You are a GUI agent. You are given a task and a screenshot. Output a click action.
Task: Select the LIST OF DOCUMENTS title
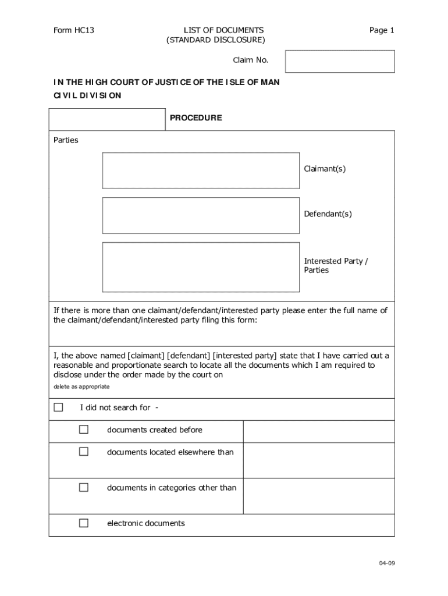pyautogui.click(x=216, y=30)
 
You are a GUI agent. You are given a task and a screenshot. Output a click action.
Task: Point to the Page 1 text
pyautogui.click(x=382, y=30)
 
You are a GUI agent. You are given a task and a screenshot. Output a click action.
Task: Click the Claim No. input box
pyautogui.click(x=340, y=62)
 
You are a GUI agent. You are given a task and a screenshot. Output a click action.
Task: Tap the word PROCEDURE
pyautogui.click(x=195, y=118)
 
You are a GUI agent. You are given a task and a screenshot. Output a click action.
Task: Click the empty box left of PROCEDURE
pyautogui.click(x=107, y=119)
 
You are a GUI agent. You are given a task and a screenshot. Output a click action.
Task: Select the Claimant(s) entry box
pyautogui.click(x=201, y=171)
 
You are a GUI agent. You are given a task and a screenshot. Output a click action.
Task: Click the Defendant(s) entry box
pyautogui.click(x=201, y=215)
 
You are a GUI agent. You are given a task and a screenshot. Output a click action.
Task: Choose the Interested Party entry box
pyautogui.click(x=201, y=267)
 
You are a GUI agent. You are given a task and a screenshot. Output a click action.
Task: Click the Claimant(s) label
pyautogui.click(x=325, y=169)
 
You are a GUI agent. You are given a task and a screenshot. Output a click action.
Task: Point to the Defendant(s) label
pyautogui.click(x=328, y=214)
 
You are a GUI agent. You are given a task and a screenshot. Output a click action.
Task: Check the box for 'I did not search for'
pyautogui.click(x=58, y=407)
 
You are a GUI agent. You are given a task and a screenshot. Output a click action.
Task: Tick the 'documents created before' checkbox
pyautogui.click(x=84, y=430)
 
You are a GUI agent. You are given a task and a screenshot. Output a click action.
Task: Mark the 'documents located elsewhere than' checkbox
pyautogui.click(x=84, y=452)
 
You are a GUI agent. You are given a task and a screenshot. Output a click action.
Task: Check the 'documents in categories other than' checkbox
pyautogui.click(x=84, y=488)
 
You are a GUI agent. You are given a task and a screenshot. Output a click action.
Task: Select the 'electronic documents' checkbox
pyautogui.click(x=84, y=523)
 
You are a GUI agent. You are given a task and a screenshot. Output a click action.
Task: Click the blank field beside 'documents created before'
pyautogui.click(x=318, y=431)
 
